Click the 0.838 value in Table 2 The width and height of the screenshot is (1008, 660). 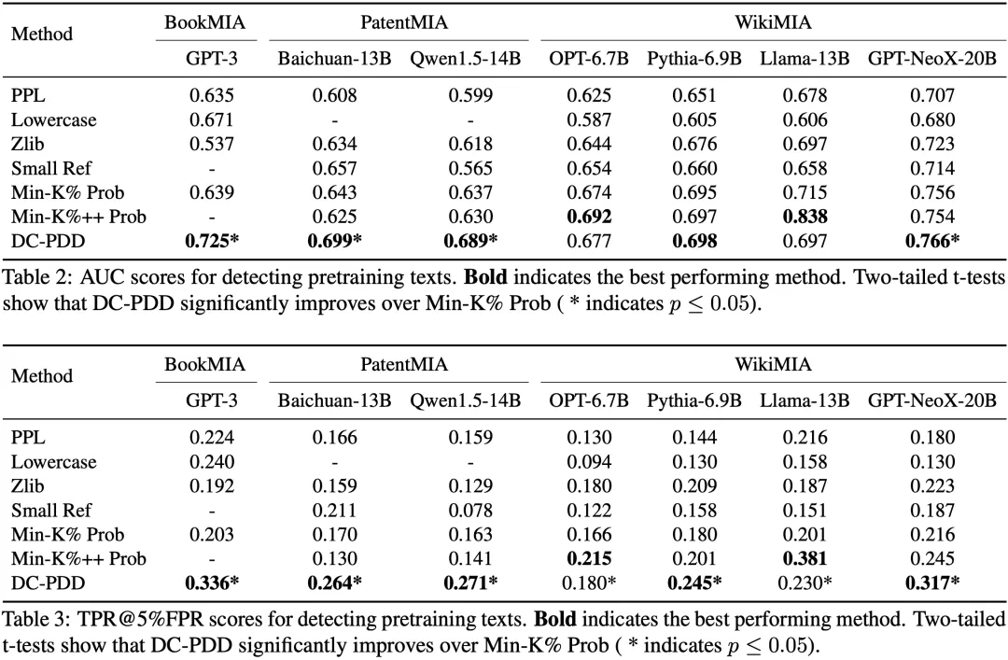coord(805,217)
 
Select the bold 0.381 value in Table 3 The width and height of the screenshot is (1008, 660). coord(805,559)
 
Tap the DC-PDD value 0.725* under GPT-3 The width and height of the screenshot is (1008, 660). coord(212,241)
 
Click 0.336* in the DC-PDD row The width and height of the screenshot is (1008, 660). coord(212,583)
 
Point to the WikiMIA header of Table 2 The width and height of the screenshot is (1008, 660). coord(774,23)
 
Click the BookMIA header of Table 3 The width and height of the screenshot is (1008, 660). coord(205,365)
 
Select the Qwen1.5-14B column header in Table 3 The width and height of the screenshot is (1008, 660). coord(466,400)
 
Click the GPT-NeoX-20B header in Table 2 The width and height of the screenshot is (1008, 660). coord(932,59)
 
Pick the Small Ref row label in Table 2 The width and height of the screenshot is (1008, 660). coord(51,169)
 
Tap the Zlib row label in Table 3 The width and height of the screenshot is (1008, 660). coord(28,486)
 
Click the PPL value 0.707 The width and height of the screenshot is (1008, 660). coord(932,96)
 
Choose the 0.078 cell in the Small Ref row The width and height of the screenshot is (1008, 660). coord(470,511)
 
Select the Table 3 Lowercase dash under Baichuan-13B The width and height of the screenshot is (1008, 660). coord(334,462)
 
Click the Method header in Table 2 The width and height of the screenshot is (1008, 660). coord(42,35)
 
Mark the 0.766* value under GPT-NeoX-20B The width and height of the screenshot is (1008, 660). coord(932,241)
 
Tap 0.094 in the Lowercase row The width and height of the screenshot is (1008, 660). coord(589,462)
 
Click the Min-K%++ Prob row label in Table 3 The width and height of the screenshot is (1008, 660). coord(78,559)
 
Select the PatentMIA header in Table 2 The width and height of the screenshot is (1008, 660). coord(404,23)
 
